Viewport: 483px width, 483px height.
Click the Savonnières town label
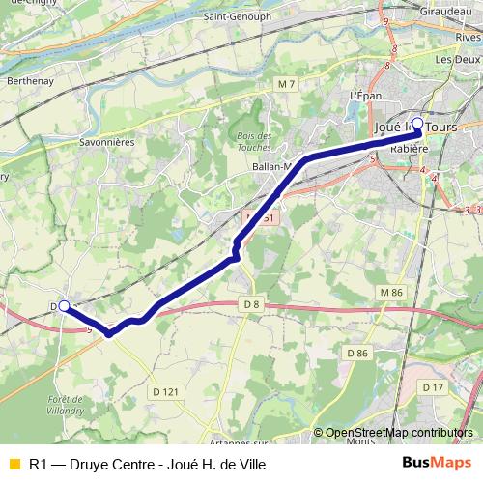click(133, 140)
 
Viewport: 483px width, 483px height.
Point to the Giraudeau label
click(446, 12)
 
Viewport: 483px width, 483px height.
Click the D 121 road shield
click(164, 391)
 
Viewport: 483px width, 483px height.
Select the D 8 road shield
click(251, 305)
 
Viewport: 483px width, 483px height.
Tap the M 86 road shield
click(390, 292)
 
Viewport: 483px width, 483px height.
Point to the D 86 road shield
click(357, 354)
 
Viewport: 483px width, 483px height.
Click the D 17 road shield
click(432, 387)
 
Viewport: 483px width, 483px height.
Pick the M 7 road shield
click(285, 86)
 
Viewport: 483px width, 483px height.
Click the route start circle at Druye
click(64, 306)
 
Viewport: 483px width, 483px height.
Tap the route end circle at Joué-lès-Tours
click(417, 123)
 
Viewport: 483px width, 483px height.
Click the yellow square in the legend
click(14, 464)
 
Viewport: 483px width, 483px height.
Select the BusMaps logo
click(436, 463)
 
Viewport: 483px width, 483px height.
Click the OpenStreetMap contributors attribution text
click(400, 433)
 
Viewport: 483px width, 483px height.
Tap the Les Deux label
click(457, 59)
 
